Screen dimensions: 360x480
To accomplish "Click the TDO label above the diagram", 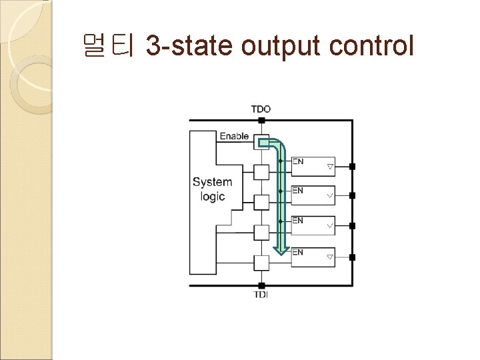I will [x=261, y=109].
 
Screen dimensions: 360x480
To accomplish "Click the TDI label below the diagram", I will [x=261, y=295].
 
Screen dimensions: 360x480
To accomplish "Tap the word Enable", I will [x=234, y=136].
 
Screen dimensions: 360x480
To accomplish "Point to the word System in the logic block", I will [x=212, y=182].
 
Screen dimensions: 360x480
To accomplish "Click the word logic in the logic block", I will [x=212, y=197].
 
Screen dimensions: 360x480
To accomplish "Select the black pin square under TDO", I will [x=261, y=121].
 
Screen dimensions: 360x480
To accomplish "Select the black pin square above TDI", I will [x=261, y=285].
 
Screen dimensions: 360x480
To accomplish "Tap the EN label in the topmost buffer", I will [x=298, y=161].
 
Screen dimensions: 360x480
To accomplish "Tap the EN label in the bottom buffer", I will [x=298, y=253].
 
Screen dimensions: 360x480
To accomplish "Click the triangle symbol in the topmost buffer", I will [x=329, y=165].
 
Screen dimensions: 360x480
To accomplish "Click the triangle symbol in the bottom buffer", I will [x=329, y=257].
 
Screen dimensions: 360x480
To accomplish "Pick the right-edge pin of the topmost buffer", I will [x=353, y=165].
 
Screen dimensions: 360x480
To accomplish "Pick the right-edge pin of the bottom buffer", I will [x=353, y=257].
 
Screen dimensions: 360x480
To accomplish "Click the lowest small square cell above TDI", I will [x=261, y=263].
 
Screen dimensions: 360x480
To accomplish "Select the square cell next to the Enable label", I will [x=261, y=142].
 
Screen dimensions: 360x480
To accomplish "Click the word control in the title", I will [x=372, y=47].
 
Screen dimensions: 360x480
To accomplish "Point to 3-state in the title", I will [x=189, y=47].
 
